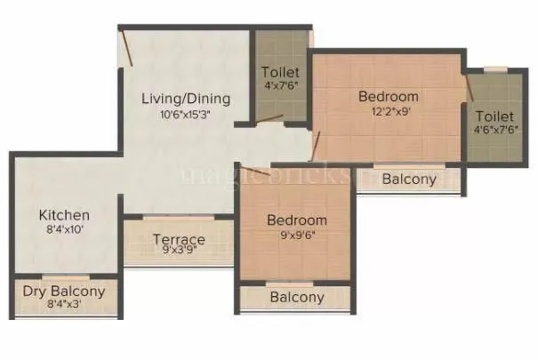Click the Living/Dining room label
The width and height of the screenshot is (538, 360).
tap(186, 98)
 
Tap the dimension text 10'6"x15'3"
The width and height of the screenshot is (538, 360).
tap(186, 114)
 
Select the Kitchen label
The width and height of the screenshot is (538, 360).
tap(63, 215)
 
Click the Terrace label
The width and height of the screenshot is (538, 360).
tap(179, 239)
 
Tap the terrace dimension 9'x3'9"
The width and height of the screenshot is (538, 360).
tap(179, 252)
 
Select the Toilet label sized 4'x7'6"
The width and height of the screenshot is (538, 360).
tap(280, 71)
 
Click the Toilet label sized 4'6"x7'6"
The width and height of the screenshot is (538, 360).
tap(494, 116)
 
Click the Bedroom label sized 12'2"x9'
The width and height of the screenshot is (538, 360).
tap(388, 96)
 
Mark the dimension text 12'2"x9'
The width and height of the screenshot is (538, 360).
tap(388, 112)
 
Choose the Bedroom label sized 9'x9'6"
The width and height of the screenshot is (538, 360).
tap(297, 220)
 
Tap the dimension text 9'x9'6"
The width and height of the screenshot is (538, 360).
tap(297, 236)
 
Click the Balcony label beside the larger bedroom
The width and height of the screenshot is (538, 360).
tap(409, 180)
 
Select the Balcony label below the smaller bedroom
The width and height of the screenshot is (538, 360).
tap(297, 297)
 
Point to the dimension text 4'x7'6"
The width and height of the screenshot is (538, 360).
tap(280, 86)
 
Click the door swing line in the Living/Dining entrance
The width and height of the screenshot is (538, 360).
tap(128, 49)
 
